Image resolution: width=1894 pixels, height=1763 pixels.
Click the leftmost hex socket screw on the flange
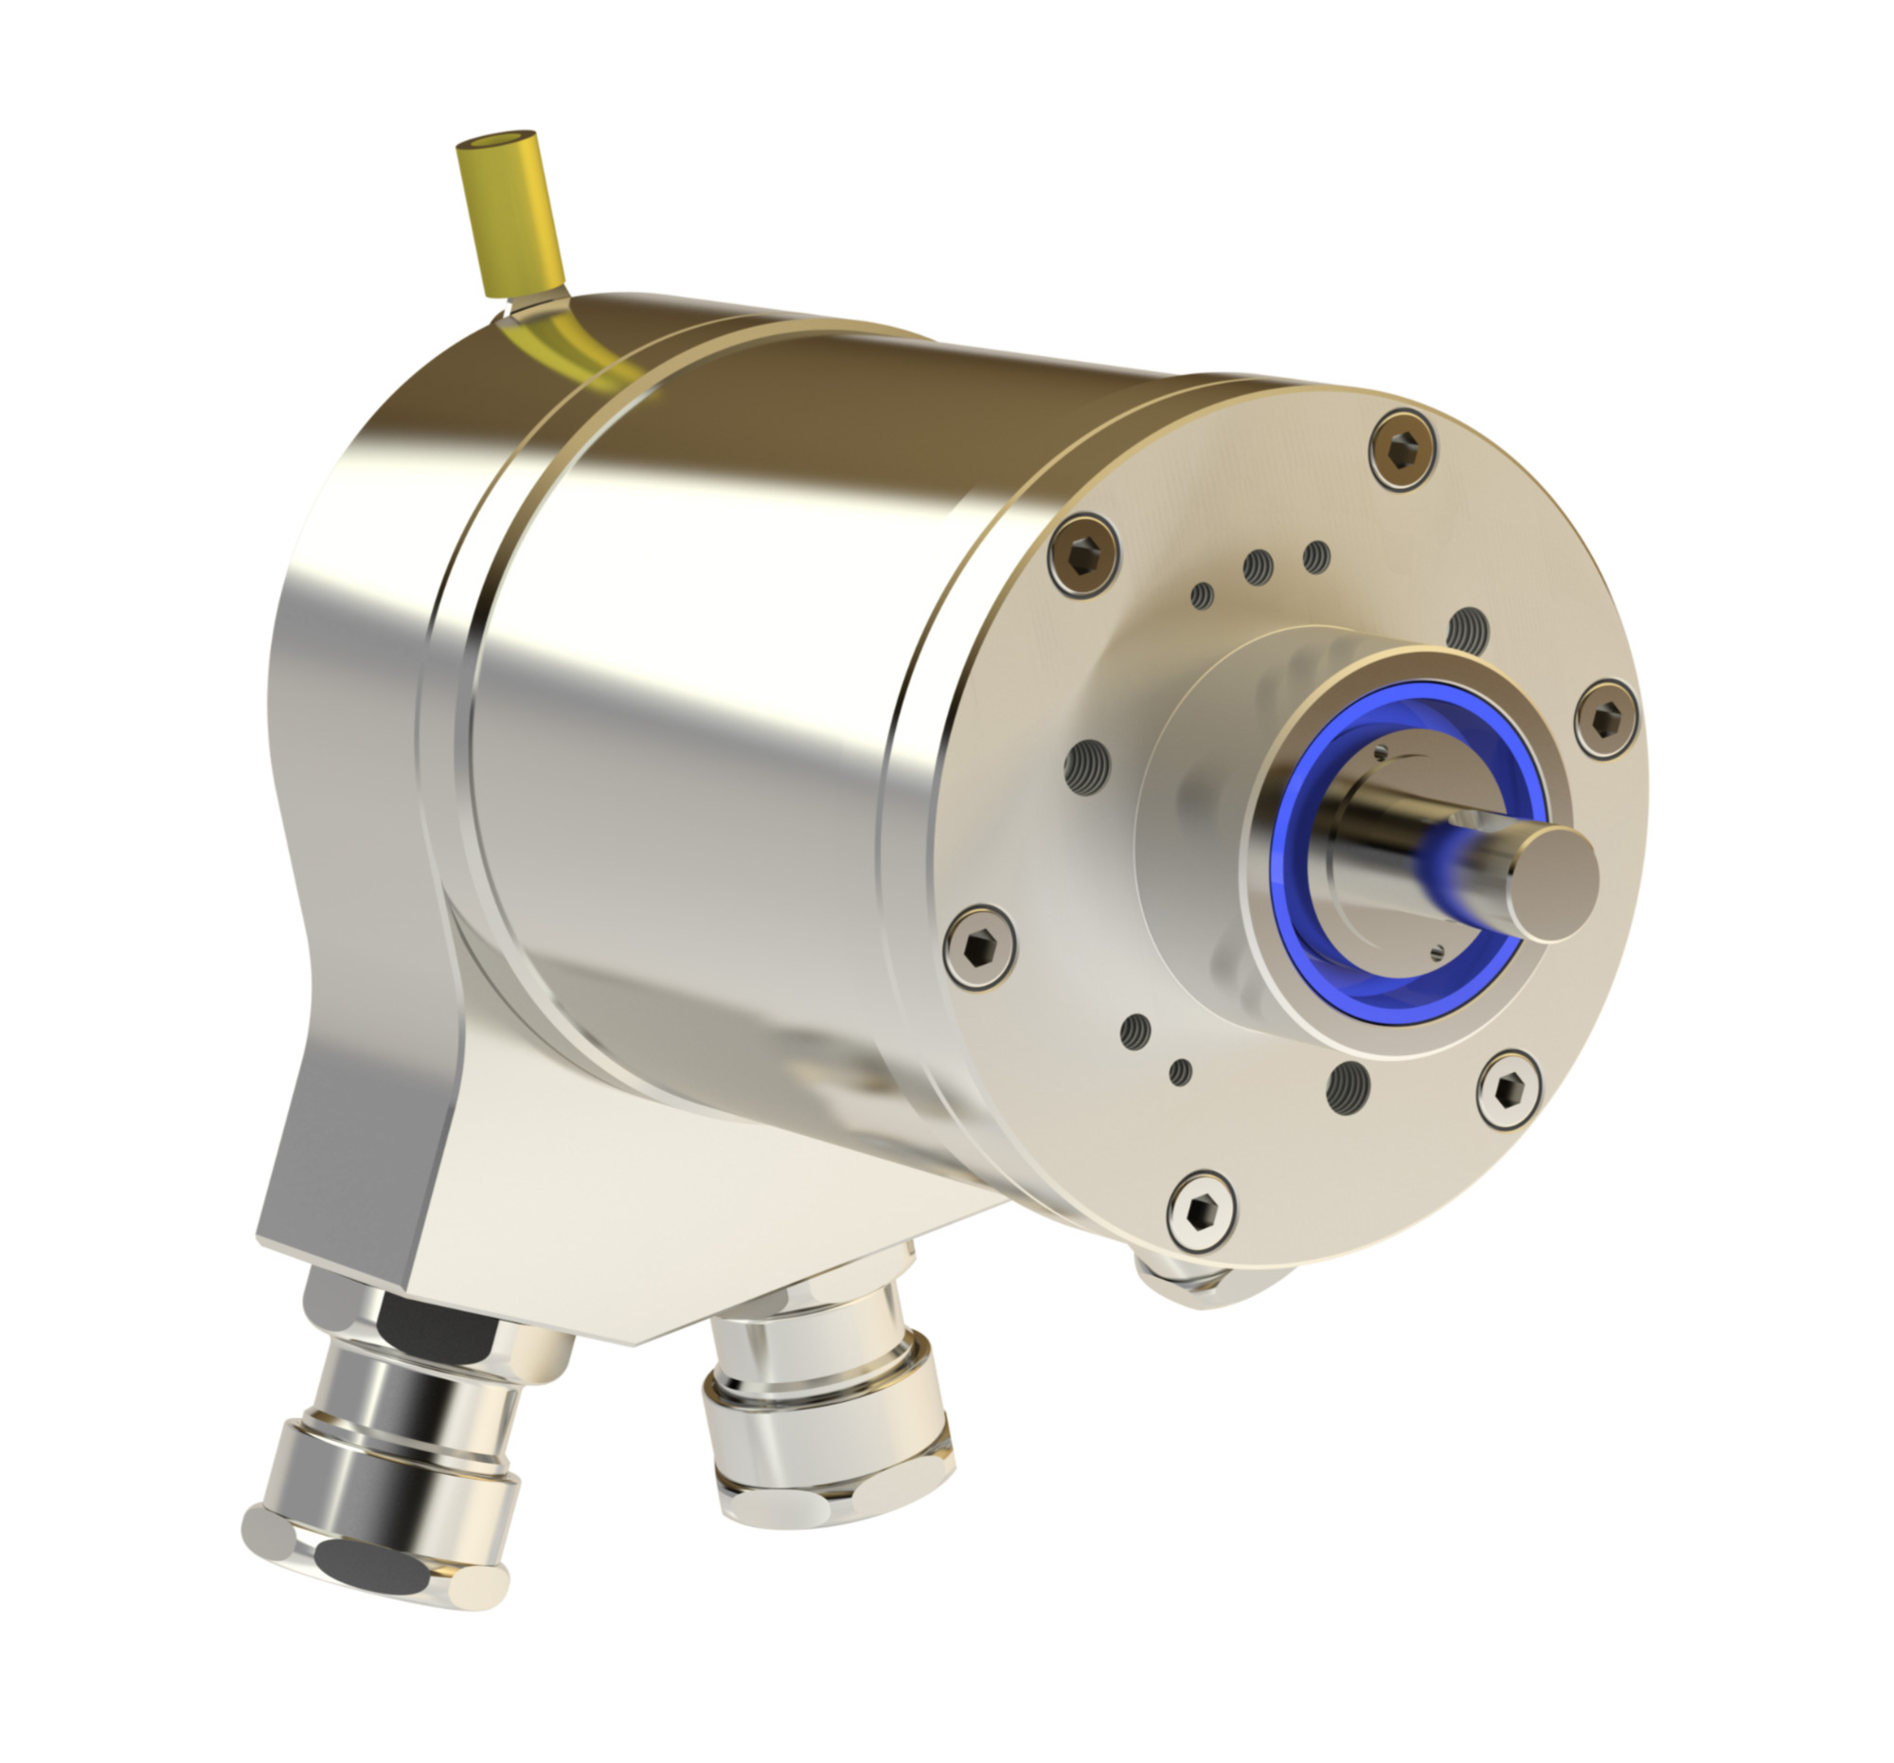(x=979, y=946)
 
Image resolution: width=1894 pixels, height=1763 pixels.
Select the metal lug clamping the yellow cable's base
(x=533, y=307)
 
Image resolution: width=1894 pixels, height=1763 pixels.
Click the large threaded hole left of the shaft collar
(x=1087, y=767)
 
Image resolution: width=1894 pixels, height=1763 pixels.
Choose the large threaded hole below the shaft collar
(x=1348, y=1088)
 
